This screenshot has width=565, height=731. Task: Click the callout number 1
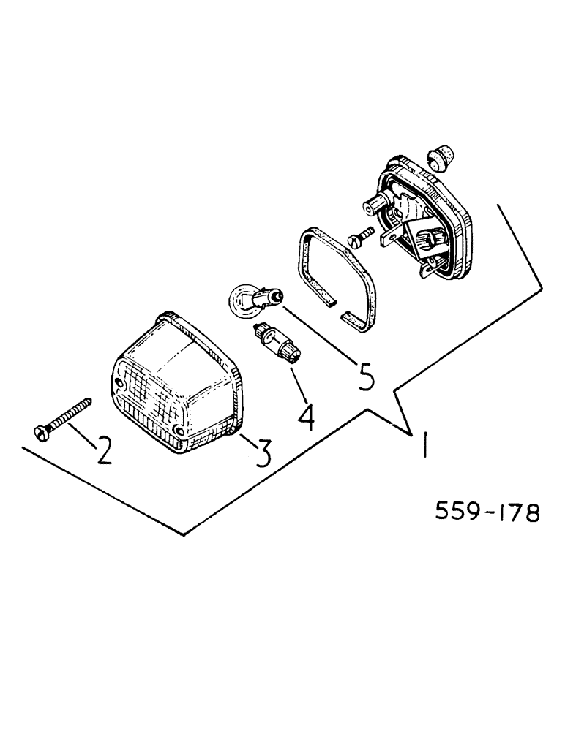pos(423,445)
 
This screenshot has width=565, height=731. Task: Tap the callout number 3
pos(261,452)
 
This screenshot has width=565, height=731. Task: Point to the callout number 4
pos(305,414)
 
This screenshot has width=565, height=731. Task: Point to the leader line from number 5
pos(315,336)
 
